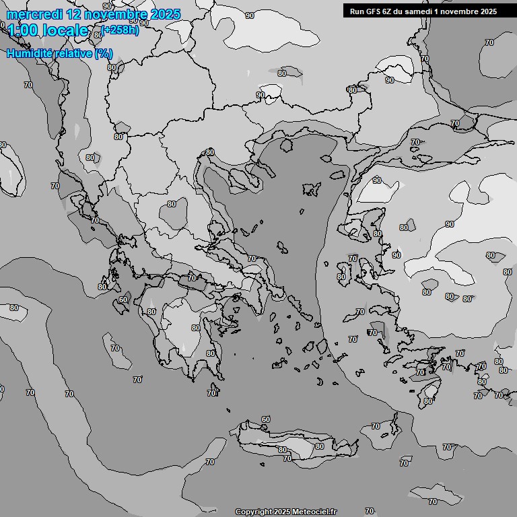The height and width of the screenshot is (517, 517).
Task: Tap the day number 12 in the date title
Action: [75, 14]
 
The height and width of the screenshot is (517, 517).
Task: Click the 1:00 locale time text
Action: [48, 30]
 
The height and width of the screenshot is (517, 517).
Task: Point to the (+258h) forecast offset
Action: [120, 30]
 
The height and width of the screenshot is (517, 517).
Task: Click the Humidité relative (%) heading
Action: [60, 53]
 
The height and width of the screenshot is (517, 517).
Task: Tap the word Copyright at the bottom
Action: [254, 512]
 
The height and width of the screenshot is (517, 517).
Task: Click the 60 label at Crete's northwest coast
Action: [266, 419]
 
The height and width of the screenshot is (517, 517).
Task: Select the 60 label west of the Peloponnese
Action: [123, 300]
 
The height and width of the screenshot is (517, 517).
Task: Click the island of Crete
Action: [296, 441]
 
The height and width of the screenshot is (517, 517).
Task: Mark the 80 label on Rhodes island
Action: [428, 401]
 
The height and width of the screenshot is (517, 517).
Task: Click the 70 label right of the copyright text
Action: [369, 511]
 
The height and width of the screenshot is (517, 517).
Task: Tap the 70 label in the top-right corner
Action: [489, 42]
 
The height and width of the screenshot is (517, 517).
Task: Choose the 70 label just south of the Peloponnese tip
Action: [212, 393]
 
